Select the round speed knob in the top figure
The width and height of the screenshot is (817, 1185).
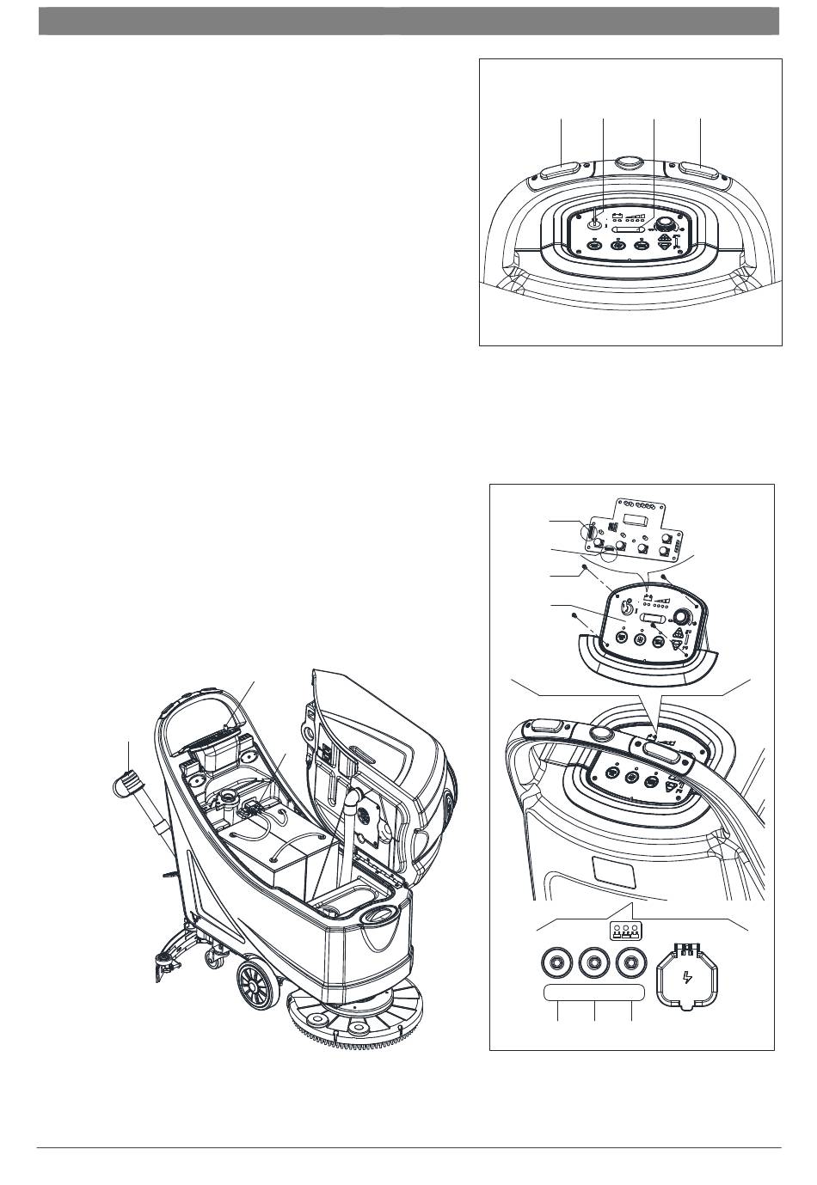click(x=664, y=225)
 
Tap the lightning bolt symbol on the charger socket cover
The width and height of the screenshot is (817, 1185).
click(x=685, y=977)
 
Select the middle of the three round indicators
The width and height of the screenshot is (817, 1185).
click(x=595, y=962)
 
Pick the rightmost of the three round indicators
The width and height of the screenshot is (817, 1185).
click(x=632, y=962)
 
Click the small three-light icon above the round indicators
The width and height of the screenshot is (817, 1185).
click(x=625, y=931)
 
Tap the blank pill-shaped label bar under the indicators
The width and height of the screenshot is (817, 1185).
click(x=594, y=993)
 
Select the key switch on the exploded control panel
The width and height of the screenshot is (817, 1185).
click(x=628, y=608)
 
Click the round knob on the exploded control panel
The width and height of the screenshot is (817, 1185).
click(x=682, y=617)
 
